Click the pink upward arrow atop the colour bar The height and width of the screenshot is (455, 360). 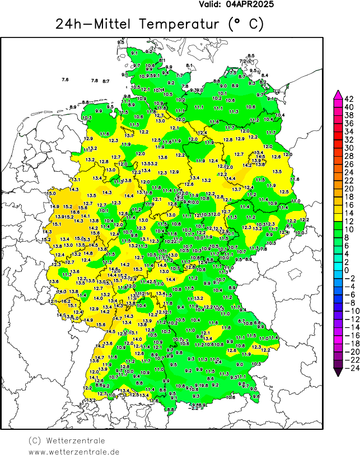point(338,93)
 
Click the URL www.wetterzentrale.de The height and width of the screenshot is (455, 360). point(74,451)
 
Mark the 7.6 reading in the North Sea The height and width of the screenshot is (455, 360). point(65,80)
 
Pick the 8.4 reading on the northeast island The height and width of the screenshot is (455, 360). point(265,75)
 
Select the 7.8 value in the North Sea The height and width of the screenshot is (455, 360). point(94,81)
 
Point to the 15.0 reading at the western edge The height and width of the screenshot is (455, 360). point(52,193)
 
